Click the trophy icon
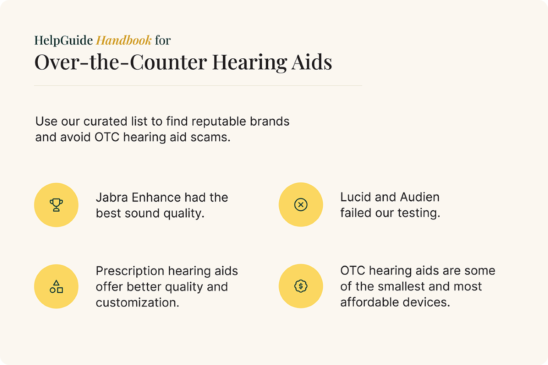point(56,205)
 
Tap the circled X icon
point(301,205)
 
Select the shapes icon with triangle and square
point(56,286)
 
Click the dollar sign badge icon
point(301,286)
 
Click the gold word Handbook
point(124,40)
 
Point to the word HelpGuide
point(64,41)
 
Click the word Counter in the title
point(168,62)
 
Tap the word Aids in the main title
point(311,62)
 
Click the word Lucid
point(356,197)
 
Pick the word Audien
point(420,197)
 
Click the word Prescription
point(130,271)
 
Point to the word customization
point(137,303)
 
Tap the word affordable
point(370,302)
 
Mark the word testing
point(419,213)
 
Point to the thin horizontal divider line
point(198,85)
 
